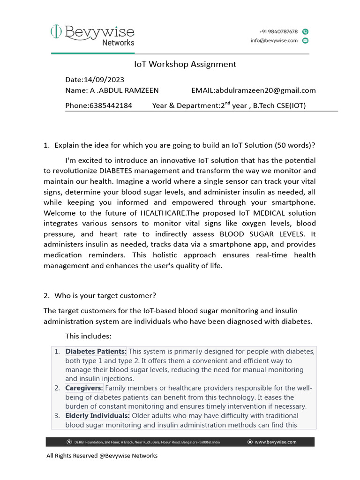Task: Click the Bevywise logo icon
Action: click(x=56, y=32)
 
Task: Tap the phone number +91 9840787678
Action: click(x=278, y=31)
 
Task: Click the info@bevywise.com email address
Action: click(x=274, y=40)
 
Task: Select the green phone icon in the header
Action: click(x=305, y=31)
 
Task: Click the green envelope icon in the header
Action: click(x=305, y=41)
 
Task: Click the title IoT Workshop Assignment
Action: click(x=185, y=64)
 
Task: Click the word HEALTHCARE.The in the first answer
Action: click(x=163, y=213)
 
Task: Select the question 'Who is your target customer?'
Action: click(x=105, y=296)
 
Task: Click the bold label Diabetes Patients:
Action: click(x=96, y=352)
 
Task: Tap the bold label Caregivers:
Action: click(x=84, y=388)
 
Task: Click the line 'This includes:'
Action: click(x=88, y=336)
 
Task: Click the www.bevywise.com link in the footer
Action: click(x=275, y=442)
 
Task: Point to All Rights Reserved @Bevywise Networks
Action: click(x=102, y=456)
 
